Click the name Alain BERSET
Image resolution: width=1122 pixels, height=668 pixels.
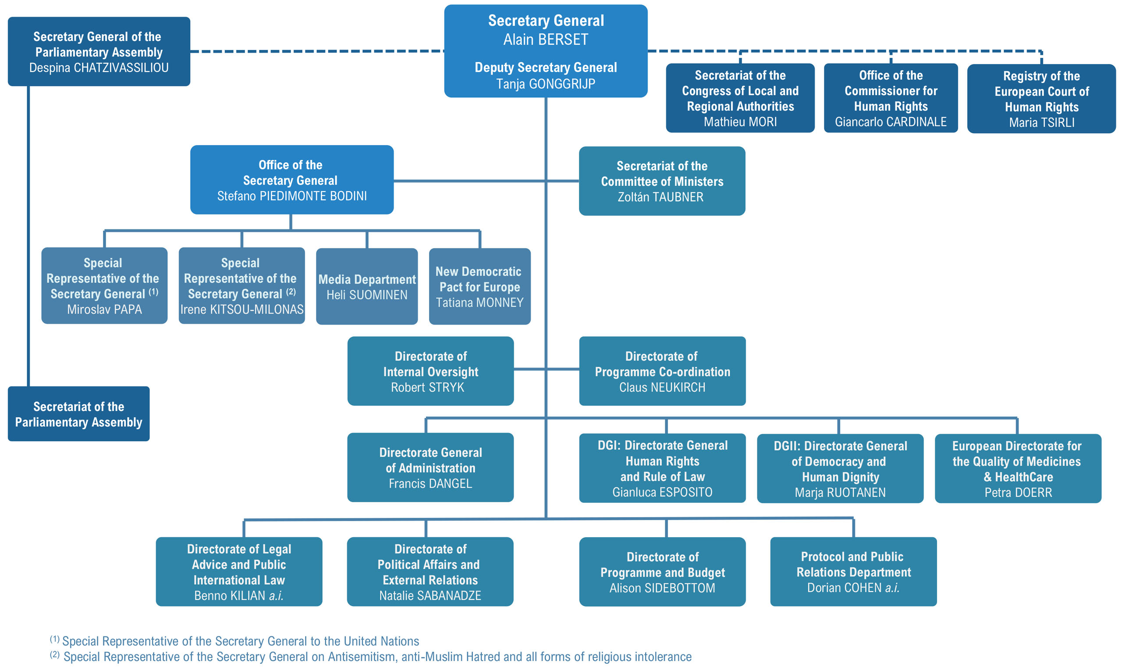pyautogui.click(x=546, y=39)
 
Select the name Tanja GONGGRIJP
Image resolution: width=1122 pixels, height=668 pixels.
pyautogui.click(x=546, y=84)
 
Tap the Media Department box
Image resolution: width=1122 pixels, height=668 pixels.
pyautogui.click(x=367, y=286)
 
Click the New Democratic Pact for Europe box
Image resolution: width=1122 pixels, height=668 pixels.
pyautogui.click(x=480, y=286)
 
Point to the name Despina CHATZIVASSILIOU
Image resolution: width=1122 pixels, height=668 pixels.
pyautogui.click(x=99, y=68)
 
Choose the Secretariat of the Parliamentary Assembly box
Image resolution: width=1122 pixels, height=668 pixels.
pyautogui.click(x=79, y=414)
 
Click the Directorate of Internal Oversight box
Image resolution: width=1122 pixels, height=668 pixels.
pyautogui.click(x=430, y=371)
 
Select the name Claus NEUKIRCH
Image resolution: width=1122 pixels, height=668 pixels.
pyautogui.click(x=662, y=387)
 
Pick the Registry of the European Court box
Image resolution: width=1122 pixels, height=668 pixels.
pyautogui.click(x=1041, y=99)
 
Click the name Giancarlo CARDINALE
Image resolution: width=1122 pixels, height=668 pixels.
pyautogui.click(x=891, y=121)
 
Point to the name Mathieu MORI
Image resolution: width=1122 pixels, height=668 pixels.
pyautogui.click(x=740, y=121)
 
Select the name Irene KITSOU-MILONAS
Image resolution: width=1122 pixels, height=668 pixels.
pyautogui.click(x=242, y=309)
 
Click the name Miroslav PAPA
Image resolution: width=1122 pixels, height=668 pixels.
pyautogui.click(x=104, y=309)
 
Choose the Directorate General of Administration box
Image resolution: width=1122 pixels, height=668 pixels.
pyautogui.click(x=430, y=467)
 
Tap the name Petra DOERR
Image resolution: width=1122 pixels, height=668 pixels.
pyautogui.click(x=1018, y=493)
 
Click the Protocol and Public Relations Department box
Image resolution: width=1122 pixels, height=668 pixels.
pyautogui.click(x=853, y=572)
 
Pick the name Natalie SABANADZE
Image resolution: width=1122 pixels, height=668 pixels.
pyautogui.click(x=430, y=596)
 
